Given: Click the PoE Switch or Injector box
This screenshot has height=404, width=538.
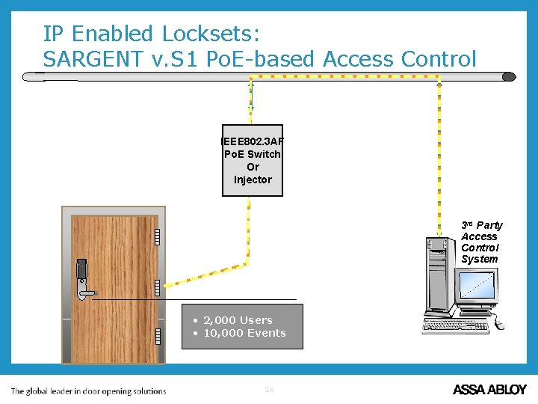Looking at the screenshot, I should coord(253,160).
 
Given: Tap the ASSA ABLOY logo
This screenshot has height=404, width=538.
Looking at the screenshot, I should coord(489,389).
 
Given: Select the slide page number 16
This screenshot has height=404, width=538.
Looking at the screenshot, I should coord(269,389).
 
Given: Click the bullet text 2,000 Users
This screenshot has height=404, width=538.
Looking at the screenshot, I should coord(238,320).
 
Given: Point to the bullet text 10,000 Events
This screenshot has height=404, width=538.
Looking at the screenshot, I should coord(244,333).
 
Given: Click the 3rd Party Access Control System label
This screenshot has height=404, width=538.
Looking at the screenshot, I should coord(481,242).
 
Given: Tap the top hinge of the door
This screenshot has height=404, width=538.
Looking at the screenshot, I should coord(158,236).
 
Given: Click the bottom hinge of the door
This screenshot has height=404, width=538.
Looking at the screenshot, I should coord(158,336).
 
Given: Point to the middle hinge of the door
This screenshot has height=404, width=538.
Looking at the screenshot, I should coord(158,287).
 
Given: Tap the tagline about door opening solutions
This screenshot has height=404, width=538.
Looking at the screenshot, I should coord(88,391).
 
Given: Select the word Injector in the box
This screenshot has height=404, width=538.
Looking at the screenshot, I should coord(253,180).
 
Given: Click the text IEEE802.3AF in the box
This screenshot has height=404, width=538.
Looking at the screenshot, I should coord(253,141).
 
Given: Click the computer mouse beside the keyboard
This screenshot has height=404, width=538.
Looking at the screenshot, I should coord(498,324).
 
